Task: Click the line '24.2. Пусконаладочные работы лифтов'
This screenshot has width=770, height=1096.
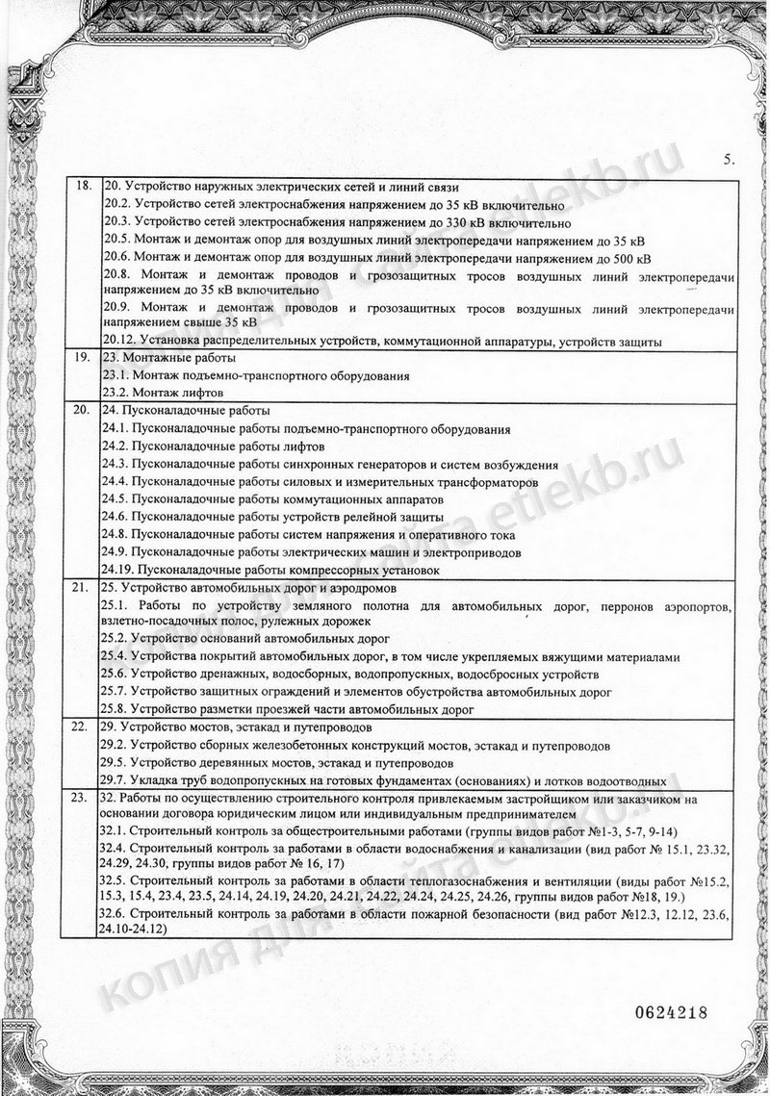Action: coord(213,446)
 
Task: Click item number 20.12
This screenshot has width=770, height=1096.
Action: coord(117,341)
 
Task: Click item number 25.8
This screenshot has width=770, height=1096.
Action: coord(115,709)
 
